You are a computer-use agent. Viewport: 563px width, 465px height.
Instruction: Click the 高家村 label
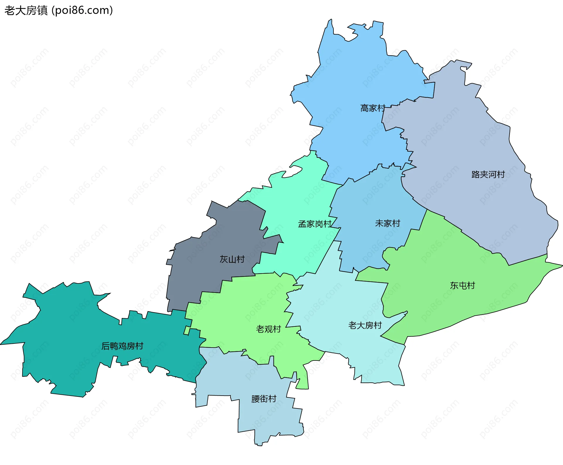pos(372,108)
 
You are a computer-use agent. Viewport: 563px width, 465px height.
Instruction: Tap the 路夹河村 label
pos(488,175)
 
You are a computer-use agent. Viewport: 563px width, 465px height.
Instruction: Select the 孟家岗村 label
pos(315,224)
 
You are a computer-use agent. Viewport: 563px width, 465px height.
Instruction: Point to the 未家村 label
pos(387,223)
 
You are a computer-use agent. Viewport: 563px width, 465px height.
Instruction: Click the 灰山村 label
pos(232,259)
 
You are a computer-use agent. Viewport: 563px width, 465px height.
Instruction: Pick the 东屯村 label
pos(462,286)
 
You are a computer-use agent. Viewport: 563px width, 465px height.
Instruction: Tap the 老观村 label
pos(268,329)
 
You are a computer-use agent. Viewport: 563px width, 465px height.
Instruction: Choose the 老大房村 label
pos(365,325)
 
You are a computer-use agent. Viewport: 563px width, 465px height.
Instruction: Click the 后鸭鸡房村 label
pos(122,346)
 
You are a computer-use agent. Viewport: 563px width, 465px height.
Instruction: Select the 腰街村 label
pos(264,399)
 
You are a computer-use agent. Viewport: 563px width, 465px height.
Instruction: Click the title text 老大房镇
pos(26,11)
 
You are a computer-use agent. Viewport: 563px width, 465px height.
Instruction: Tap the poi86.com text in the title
pos(82,11)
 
